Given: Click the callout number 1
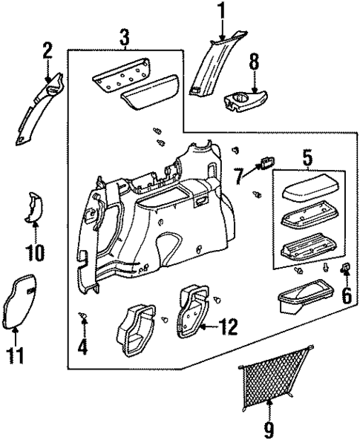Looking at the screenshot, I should [x=220, y=12].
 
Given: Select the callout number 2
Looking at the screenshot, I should [x=48, y=52].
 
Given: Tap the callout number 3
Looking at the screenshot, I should [x=124, y=37].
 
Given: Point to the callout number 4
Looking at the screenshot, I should [x=83, y=346].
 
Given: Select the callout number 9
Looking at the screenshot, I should [x=269, y=427].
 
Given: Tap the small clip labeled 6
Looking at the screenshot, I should [x=345, y=269].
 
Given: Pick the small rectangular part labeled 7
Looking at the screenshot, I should [x=266, y=163].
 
